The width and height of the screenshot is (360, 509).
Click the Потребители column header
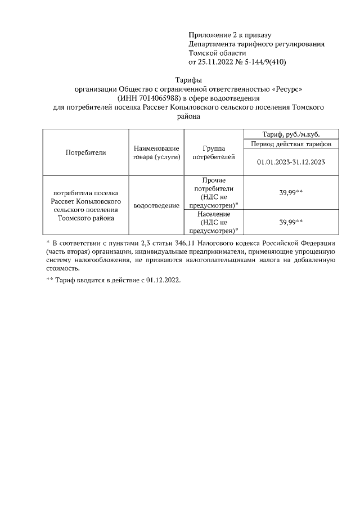tap(85, 152)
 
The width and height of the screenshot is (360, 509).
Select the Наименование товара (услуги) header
tap(156, 152)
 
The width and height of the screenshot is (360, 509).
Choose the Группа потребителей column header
tap(214, 152)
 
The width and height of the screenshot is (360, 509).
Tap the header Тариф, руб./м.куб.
tap(291, 133)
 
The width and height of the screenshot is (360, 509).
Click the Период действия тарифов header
tap(291, 143)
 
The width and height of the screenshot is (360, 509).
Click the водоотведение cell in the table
tap(156, 206)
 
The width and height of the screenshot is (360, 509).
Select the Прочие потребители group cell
tap(214, 192)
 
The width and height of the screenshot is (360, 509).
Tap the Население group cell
tap(214, 222)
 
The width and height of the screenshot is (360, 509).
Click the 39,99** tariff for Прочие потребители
tap(291, 192)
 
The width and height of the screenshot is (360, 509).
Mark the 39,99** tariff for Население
tap(291, 222)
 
